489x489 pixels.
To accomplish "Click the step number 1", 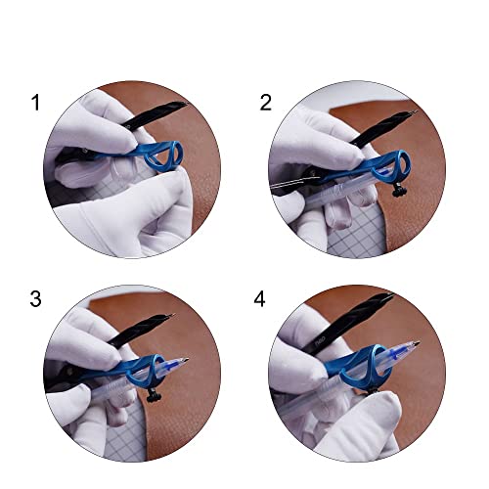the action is pos(35,103).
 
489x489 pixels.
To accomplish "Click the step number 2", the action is pos(265,103).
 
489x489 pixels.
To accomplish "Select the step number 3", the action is pos(35,298).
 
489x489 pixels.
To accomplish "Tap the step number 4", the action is pos(259,298).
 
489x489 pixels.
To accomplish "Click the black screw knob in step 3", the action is pos(154,395).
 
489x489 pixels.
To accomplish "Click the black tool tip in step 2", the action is pos(415,111).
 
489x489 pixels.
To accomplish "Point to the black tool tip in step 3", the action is pos(172,315).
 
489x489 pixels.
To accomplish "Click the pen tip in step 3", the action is pos(186,360).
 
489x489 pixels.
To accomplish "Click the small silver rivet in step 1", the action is pos(85,151).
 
